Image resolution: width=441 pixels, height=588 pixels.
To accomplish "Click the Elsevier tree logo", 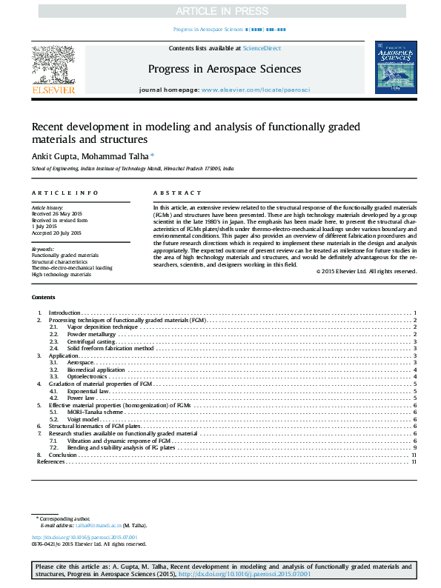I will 53,64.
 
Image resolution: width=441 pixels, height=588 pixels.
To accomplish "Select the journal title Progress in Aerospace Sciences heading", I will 224,69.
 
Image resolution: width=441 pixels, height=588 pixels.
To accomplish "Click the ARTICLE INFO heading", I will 55,193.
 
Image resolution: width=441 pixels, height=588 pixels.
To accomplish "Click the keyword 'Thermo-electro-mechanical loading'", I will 72,267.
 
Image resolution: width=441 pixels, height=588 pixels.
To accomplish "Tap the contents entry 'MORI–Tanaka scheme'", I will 94,412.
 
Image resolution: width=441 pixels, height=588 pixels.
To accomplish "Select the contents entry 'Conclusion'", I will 64,455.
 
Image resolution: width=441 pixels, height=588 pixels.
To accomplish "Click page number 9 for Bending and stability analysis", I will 415,448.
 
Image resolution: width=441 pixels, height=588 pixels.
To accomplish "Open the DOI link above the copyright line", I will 84,537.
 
